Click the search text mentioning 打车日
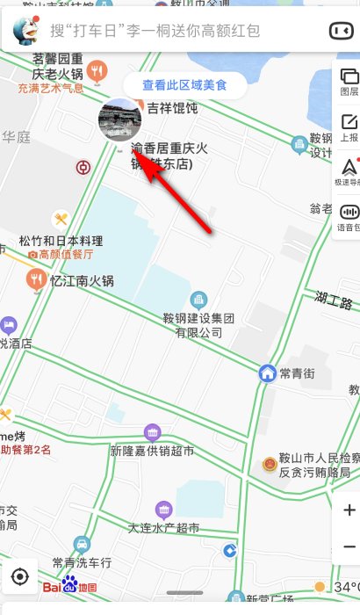click(x=155, y=31)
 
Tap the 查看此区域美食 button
click(x=184, y=85)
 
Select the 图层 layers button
click(x=348, y=81)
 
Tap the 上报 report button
click(x=348, y=127)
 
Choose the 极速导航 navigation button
click(x=348, y=171)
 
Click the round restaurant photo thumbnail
click(x=119, y=120)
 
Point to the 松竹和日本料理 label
click(x=61, y=241)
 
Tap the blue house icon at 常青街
click(x=268, y=373)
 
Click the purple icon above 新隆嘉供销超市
click(x=153, y=433)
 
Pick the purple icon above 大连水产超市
click(x=163, y=510)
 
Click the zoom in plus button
click(x=348, y=510)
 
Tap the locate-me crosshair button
click(x=21, y=576)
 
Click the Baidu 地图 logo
click(x=69, y=585)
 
